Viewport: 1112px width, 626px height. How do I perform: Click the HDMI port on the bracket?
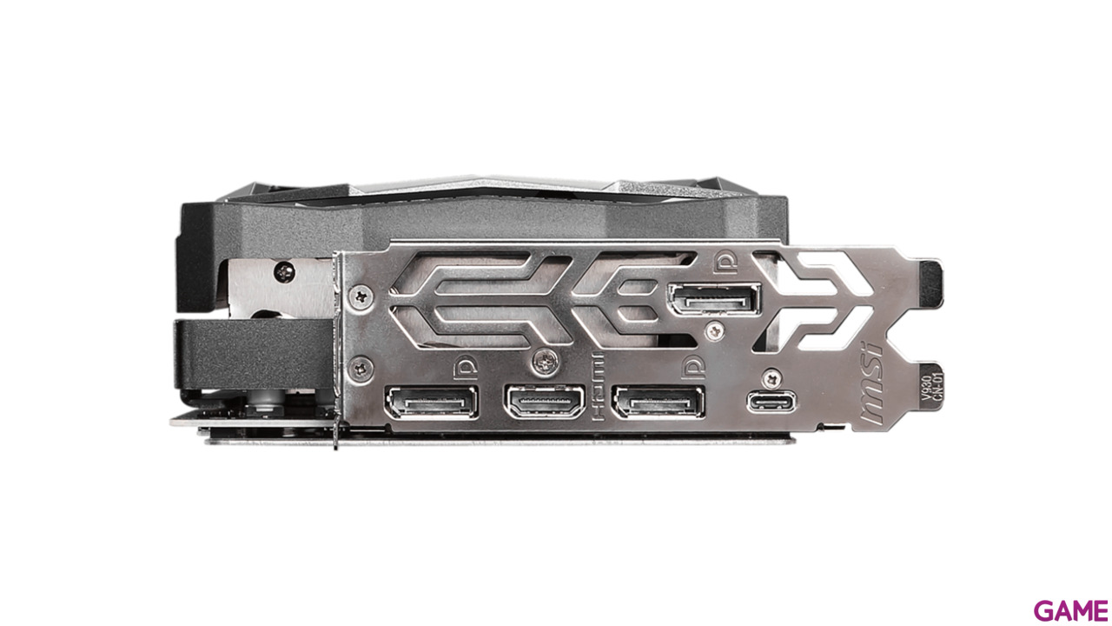[544, 403]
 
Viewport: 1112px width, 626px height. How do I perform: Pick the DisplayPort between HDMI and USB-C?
[659, 403]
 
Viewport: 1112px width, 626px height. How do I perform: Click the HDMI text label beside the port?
[597, 389]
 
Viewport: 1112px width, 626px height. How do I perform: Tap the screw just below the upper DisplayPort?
[714, 329]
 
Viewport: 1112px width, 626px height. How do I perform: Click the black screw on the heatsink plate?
[284, 272]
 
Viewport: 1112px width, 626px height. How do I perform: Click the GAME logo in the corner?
[1071, 610]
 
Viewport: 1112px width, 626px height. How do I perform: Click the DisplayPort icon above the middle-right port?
[692, 369]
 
